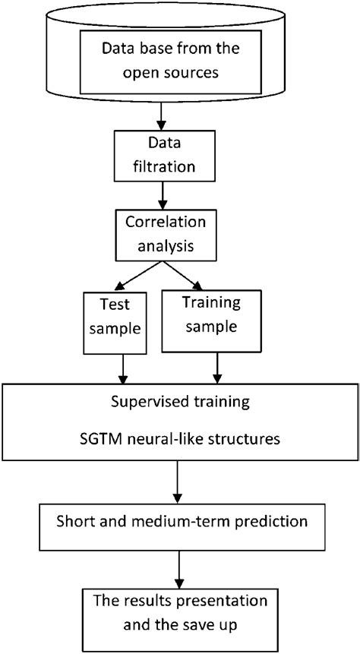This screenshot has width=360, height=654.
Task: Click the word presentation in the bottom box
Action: coord(214,602)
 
